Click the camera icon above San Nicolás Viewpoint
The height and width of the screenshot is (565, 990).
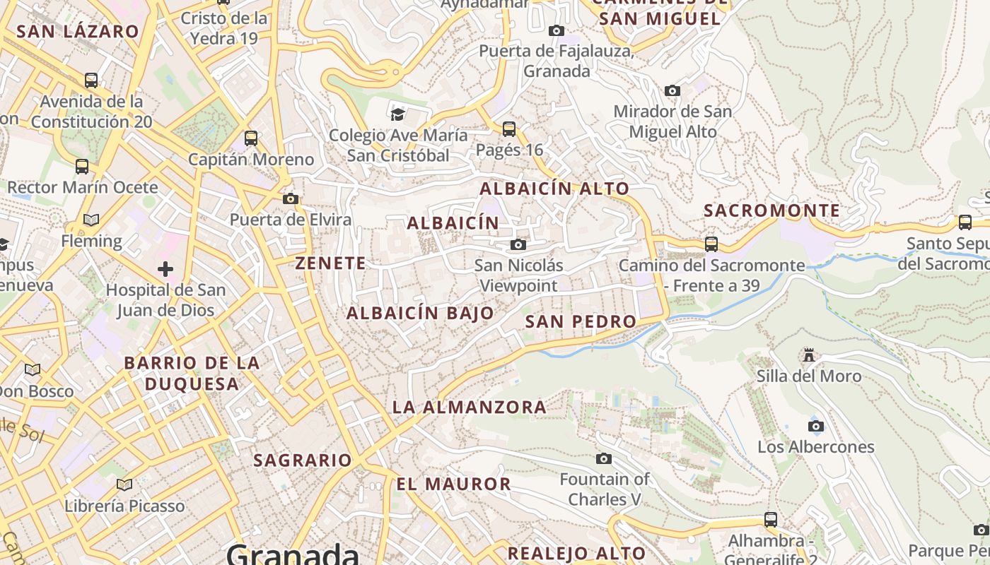[518, 244]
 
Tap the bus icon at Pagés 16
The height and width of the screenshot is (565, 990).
[509, 129]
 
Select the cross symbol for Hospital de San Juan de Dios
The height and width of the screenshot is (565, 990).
[165, 269]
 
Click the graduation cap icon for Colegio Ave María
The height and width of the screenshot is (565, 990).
[398, 114]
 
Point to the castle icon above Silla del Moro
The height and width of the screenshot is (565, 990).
[809, 355]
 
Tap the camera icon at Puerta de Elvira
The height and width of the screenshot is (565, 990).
[291, 199]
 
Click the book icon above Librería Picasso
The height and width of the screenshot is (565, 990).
[124, 484]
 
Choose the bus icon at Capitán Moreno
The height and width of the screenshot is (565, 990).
[251, 138]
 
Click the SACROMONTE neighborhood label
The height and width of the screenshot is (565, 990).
[772, 210]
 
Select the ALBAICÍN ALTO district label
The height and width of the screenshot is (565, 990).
[554, 189]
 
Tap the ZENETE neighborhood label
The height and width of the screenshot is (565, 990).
[331, 263]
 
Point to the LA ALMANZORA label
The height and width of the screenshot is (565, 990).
[470, 407]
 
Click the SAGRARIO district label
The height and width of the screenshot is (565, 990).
[303, 460]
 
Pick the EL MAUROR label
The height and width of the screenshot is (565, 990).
[453, 484]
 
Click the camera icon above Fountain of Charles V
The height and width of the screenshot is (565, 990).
[604, 459]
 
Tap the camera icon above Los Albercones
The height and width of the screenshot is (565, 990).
[816, 426]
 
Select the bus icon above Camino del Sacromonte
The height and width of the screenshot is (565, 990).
[711, 244]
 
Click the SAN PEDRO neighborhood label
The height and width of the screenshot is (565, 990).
[581, 321]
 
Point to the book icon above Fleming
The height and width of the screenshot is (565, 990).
[91, 220]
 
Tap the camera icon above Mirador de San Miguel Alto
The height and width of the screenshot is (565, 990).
[672, 90]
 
